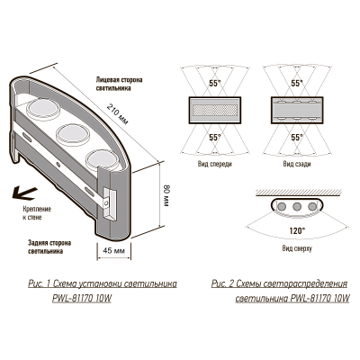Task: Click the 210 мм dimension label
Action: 118,114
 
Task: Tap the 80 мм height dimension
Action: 166,196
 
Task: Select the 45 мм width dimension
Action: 113,250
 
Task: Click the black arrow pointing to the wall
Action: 24,193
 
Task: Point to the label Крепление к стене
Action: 37,213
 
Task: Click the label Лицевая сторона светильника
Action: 119,84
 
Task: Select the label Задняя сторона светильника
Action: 49,247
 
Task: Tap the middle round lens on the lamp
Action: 68,132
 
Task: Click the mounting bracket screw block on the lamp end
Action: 109,204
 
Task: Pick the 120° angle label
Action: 297,230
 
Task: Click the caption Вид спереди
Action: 215,164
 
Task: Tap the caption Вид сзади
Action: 297,164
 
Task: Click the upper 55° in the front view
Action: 215,84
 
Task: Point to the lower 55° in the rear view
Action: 297,138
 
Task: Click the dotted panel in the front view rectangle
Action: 215,110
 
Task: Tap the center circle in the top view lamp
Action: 297,206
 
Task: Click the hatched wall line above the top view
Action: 298,192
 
